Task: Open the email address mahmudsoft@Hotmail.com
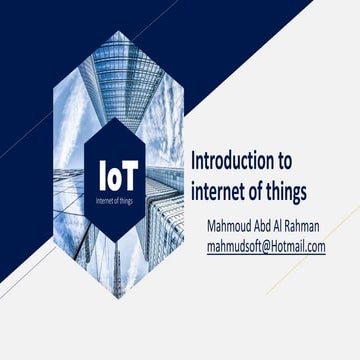266,243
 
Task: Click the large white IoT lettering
121,174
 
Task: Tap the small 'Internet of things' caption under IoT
121,197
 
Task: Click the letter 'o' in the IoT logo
120,176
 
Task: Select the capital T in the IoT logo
136,174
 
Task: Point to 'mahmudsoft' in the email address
233,243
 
